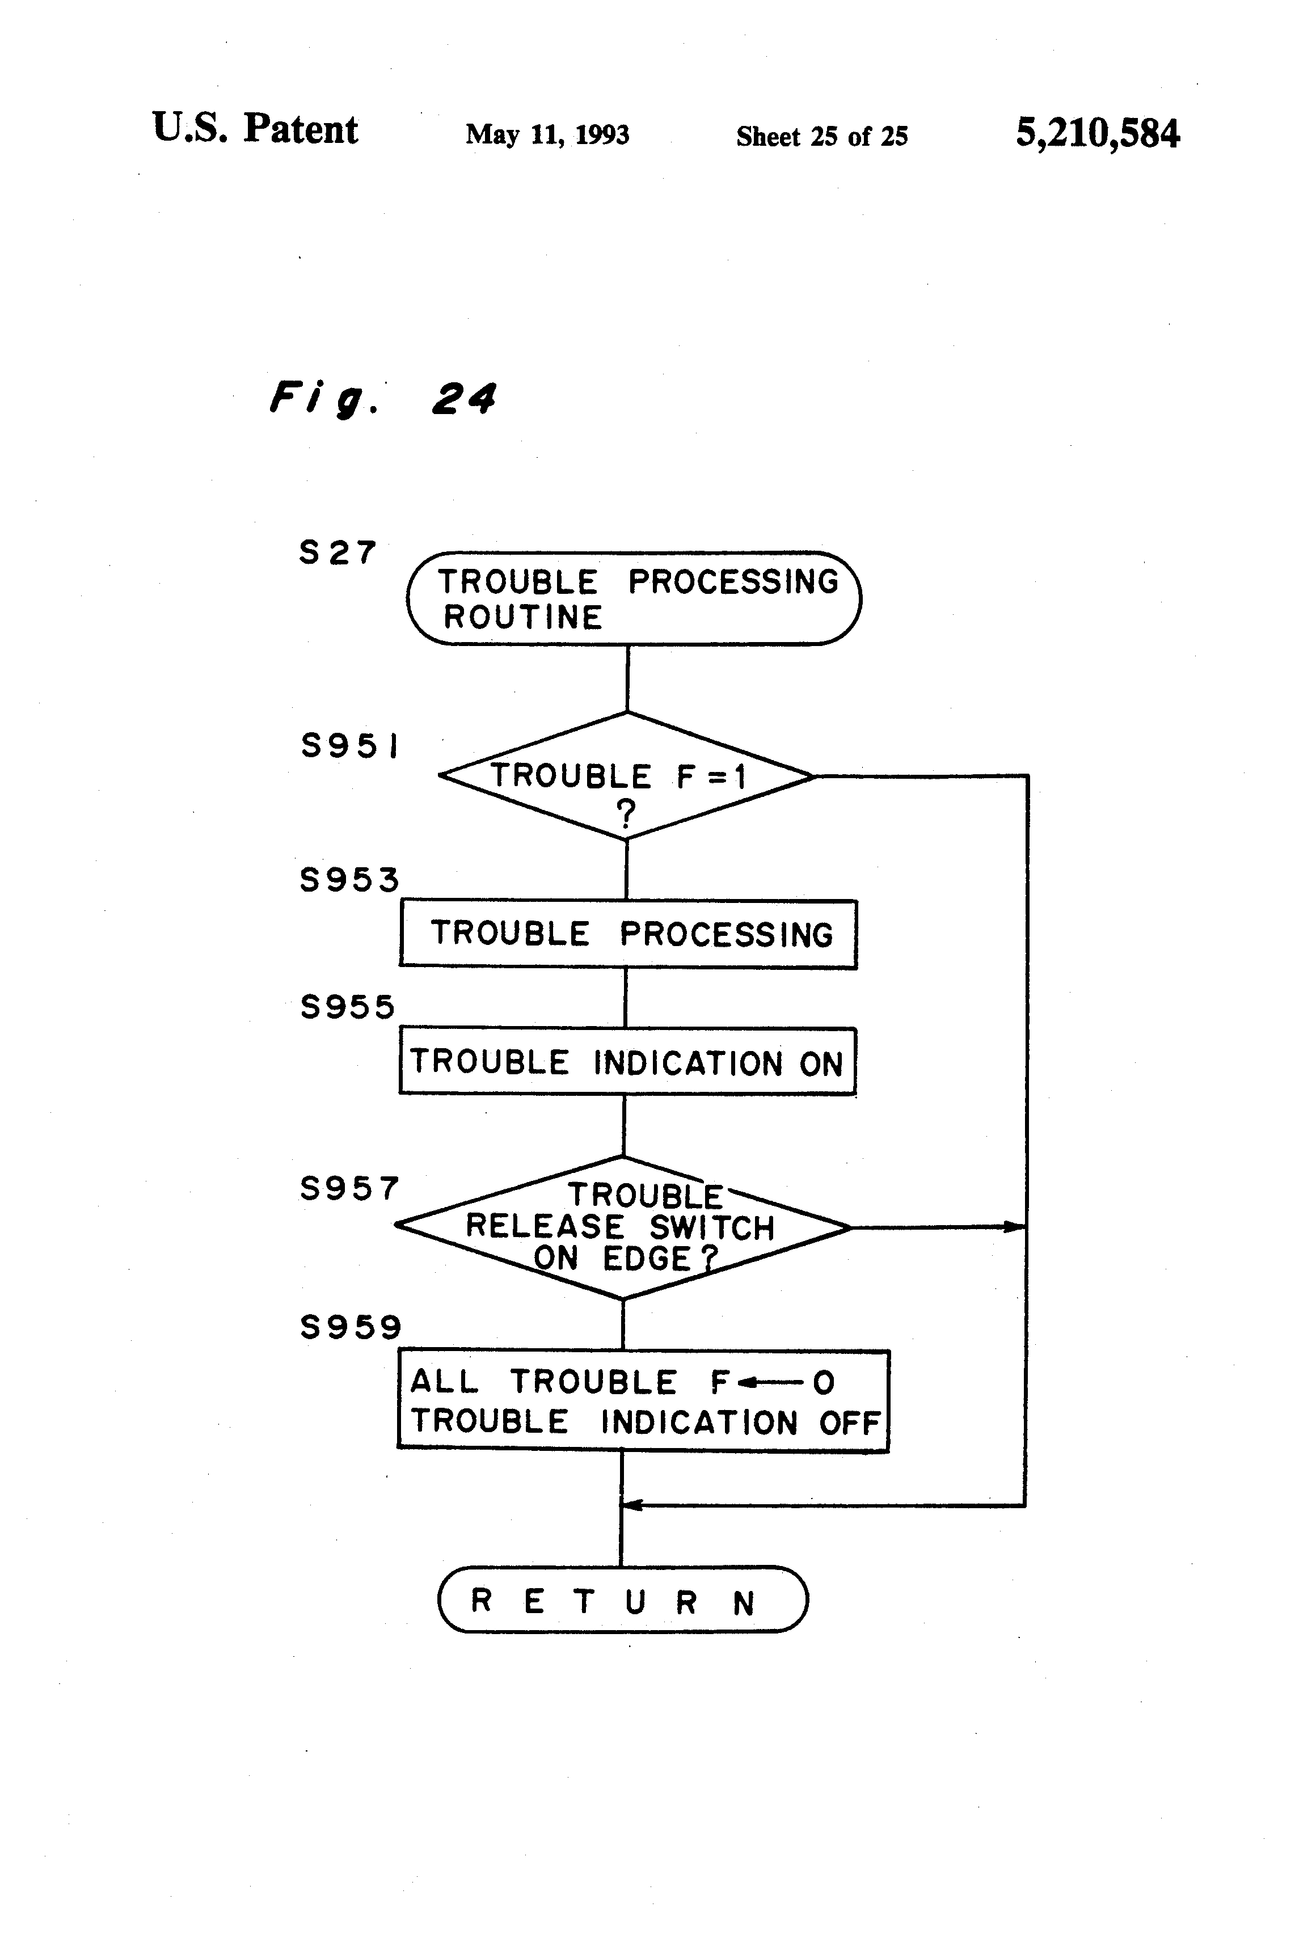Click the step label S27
pos(338,552)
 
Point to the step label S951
pos(349,745)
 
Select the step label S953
pos(349,879)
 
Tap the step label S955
pos(347,1007)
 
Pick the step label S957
pos(349,1189)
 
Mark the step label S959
pos(350,1327)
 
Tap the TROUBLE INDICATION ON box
pos(627,1062)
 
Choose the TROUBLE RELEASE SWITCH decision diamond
pos(623,1227)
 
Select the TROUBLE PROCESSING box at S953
pos(628,934)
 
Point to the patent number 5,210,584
pos(1097,133)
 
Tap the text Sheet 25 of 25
pos(822,136)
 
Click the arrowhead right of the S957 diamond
pos(1013,1227)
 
